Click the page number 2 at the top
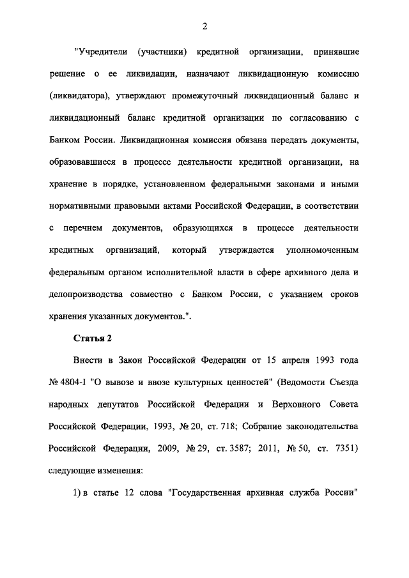point(204,26)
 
